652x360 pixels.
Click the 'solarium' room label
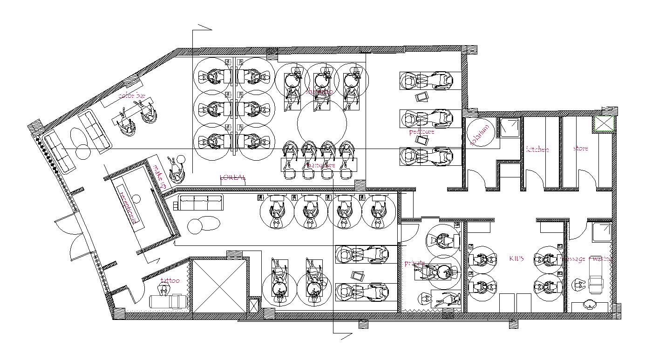[480, 135]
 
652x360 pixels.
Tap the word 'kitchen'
[537, 149]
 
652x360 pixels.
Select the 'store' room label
[580, 149]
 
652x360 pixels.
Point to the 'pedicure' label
[422, 132]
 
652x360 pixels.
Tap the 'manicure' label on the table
[321, 165]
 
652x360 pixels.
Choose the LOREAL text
[232, 177]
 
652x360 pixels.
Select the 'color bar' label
[132, 95]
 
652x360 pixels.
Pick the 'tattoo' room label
[170, 280]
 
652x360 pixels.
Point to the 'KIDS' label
[516, 258]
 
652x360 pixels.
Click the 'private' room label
[414, 263]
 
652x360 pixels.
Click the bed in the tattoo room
[169, 301]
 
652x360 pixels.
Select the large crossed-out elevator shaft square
[219, 286]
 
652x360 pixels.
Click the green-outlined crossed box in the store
[604, 125]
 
